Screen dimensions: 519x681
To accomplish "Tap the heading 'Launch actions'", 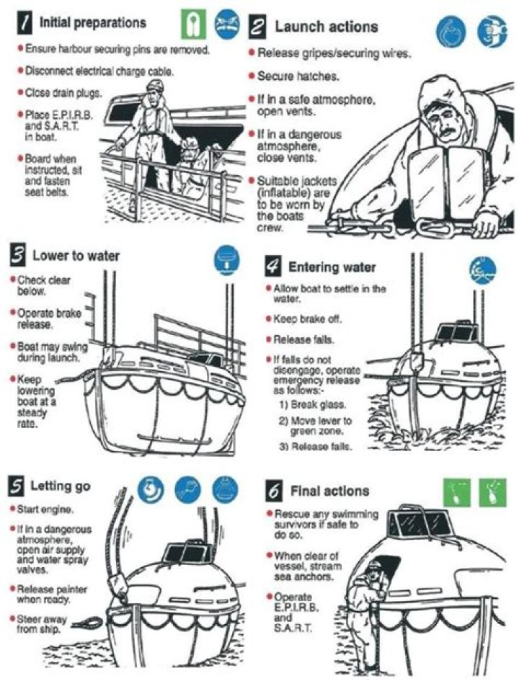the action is (x=326, y=27).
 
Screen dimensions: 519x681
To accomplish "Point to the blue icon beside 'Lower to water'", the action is (x=227, y=259).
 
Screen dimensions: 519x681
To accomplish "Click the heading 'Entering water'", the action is (x=332, y=267).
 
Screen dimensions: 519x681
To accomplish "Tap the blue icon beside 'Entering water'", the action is (x=482, y=270).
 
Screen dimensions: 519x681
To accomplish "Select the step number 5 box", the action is (x=17, y=486).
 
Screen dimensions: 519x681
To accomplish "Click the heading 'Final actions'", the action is (x=329, y=491).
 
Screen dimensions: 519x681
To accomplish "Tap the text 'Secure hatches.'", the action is (x=298, y=76).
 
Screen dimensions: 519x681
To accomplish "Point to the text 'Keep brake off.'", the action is (x=308, y=319).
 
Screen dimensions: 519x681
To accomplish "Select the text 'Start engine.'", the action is (x=45, y=509).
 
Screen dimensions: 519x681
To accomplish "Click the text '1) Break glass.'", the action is (x=313, y=405).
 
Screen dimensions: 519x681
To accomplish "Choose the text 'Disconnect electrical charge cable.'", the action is (x=99, y=71).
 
